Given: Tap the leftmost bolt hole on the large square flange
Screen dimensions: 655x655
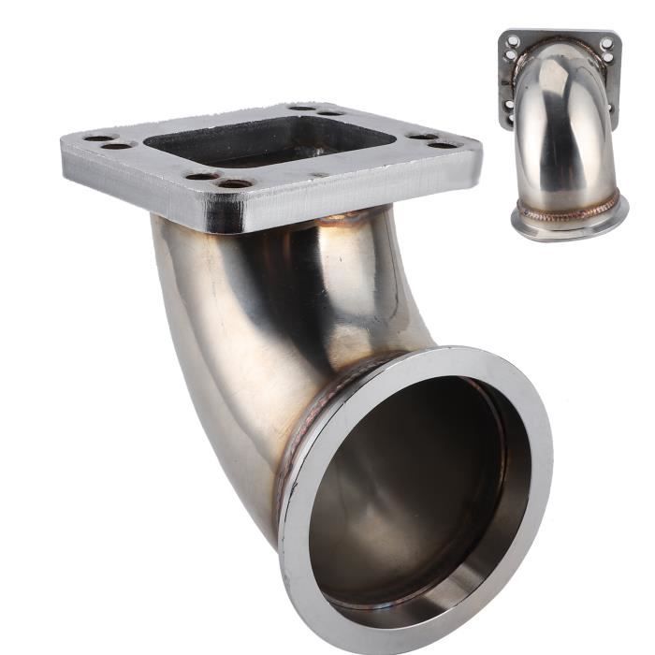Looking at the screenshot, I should click(x=99, y=138).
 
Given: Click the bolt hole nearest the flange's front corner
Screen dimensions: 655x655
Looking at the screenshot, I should click(x=234, y=183).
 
